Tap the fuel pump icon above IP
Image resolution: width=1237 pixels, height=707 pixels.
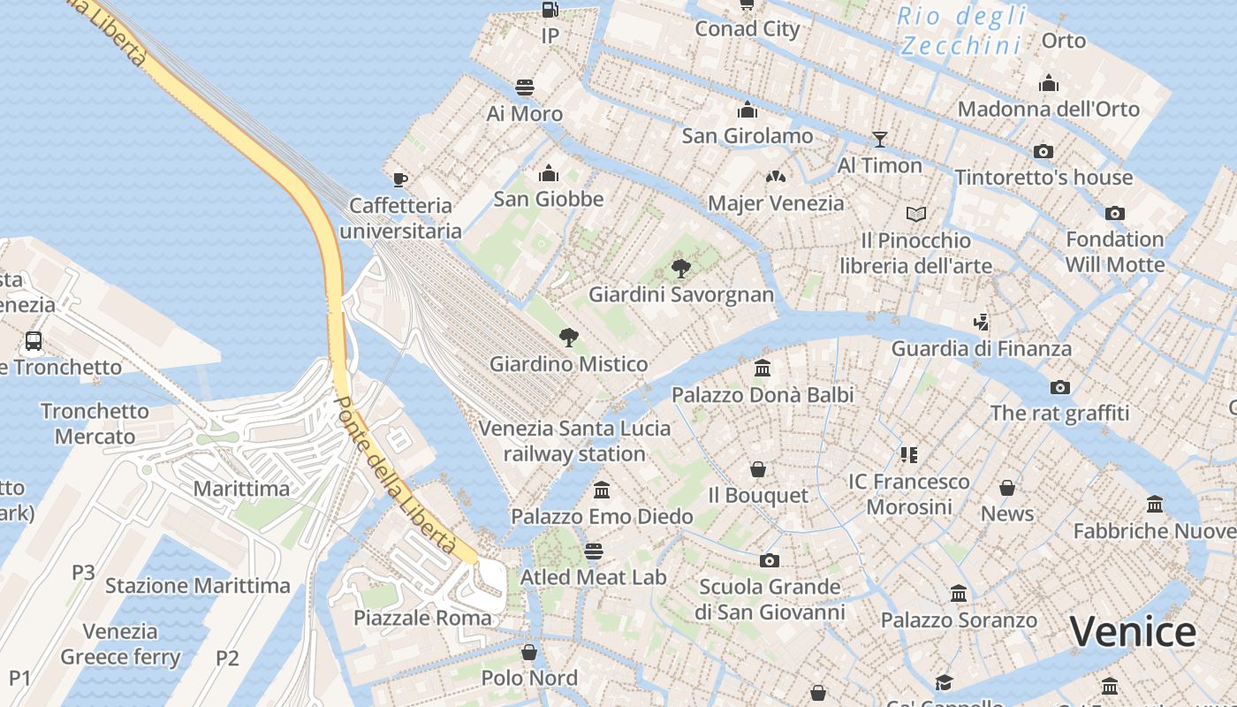tap(550, 10)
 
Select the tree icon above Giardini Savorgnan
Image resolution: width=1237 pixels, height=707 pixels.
tap(680, 268)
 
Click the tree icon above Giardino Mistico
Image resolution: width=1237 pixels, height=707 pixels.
tap(569, 337)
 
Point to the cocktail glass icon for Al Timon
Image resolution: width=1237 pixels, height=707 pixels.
tap(879, 139)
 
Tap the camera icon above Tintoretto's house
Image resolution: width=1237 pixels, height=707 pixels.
tap(1043, 151)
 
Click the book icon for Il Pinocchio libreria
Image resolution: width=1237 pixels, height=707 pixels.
tap(916, 214)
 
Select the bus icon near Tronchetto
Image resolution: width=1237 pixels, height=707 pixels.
tap(34, 340)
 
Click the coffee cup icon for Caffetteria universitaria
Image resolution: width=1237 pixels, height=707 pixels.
tap(400, 179)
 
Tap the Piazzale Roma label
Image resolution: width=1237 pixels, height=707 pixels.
tap(422, 618)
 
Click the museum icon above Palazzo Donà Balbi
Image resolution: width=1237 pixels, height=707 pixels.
tap(763, 368)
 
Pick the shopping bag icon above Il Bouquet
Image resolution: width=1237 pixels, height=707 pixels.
tap(757, 469)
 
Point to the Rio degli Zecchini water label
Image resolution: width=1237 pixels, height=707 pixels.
tap(961, 30)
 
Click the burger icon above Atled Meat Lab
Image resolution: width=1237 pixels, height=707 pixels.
tap(593, 551)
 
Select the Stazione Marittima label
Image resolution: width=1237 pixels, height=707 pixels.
tap(198, 586)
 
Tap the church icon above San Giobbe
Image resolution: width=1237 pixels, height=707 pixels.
tap(549, 172)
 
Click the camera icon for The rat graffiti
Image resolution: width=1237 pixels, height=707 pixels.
tap(1059, 387)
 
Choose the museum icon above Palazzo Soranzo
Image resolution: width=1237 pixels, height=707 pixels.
tap(959, 594)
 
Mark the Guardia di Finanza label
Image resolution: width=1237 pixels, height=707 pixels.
tap(981, 348)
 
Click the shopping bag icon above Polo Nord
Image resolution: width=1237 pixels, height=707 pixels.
tap(529, 652)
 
